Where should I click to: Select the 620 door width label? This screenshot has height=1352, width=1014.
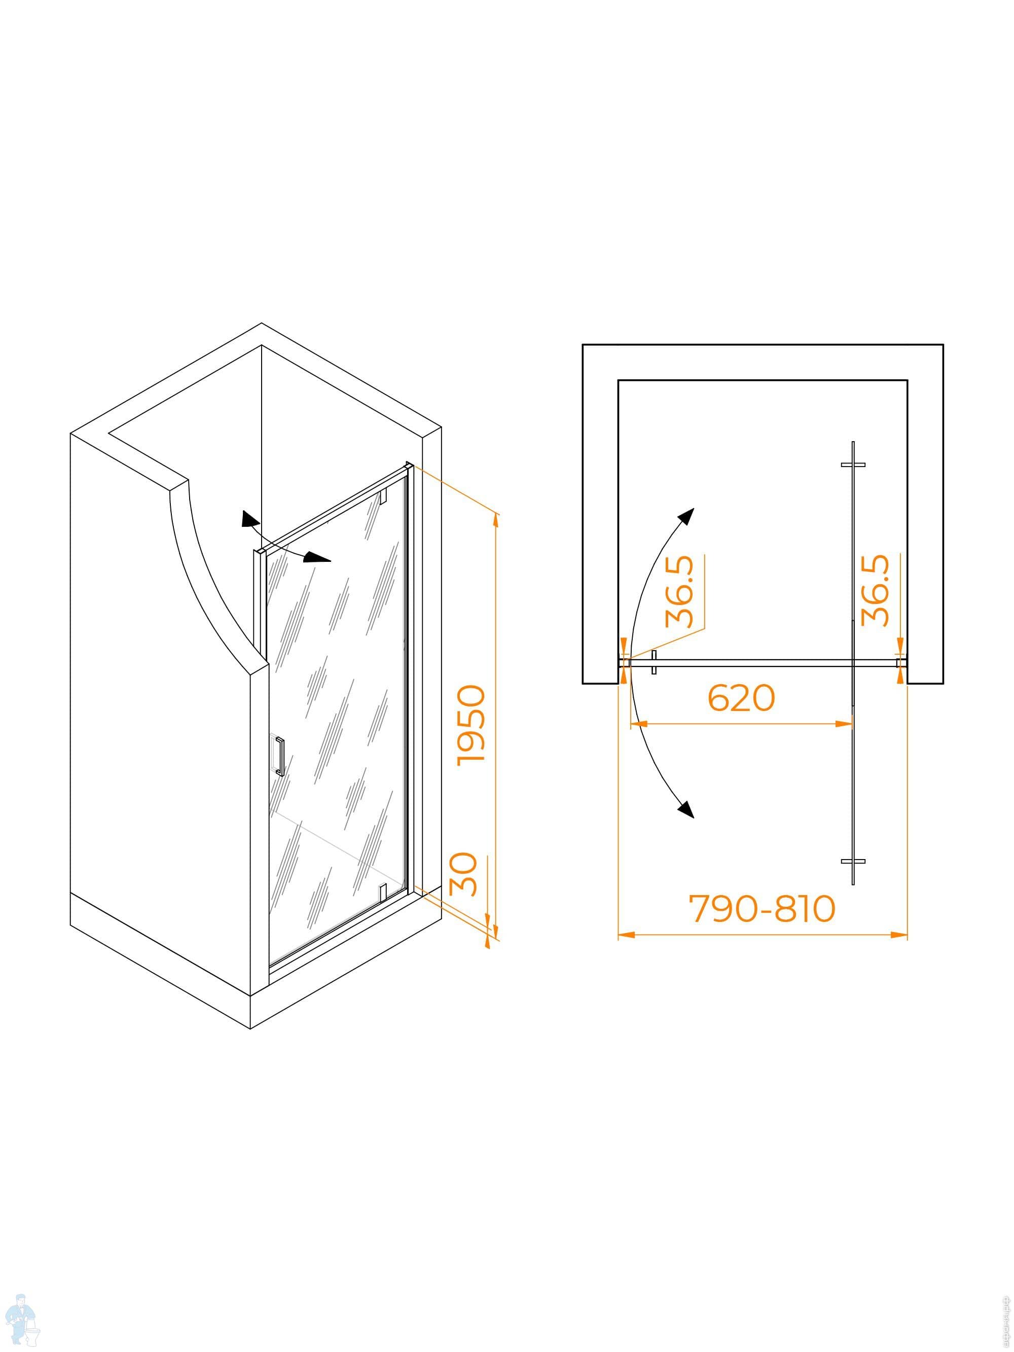[x=741, y=697]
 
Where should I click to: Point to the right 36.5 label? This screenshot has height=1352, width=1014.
[x=875, y=590]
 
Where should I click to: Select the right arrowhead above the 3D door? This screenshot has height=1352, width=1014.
[x=318, y=557]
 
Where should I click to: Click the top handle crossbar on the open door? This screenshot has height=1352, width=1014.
[x=853, y=465]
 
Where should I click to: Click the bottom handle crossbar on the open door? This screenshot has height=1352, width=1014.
[x=853, y=861]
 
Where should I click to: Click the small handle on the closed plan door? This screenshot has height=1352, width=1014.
[x=654, y=662]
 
